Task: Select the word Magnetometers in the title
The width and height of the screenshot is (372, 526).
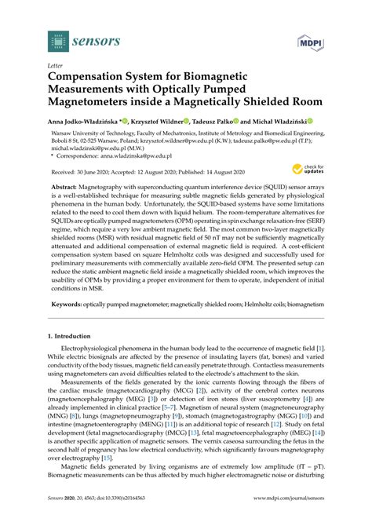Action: click(x=99, y=90)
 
